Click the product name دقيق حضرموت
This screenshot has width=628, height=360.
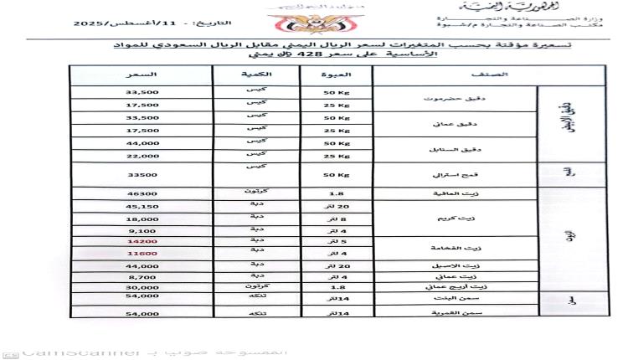pyautogui.click(x=476, y=98)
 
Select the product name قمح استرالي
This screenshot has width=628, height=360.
pyautogui.click(x=476, y=176)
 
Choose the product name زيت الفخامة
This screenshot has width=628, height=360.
pyautogui.click(x=476, y=248)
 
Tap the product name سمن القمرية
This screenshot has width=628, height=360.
pyautogui.click(x=476, y=312)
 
